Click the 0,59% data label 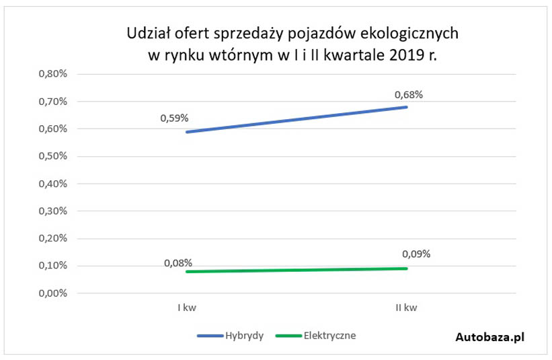click(x=174, y=118)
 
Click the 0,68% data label click(x=408, y=95)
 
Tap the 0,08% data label click(x=178, y=262)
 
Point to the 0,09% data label click(x=416, y=254)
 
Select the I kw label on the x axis click(x=186, y=308)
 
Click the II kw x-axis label click(x=405, y=308)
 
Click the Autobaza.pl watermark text click(x=489, y=337)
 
